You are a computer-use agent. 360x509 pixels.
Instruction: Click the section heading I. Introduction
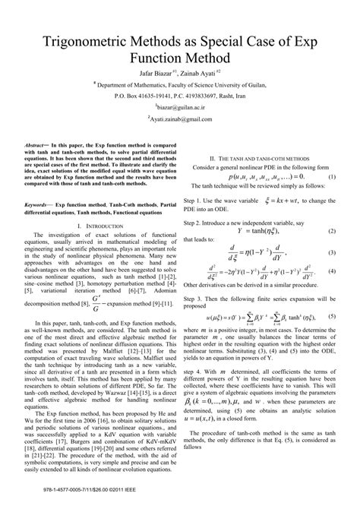click(x=98, y=226)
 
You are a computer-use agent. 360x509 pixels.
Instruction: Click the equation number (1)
click(x=331, y=176)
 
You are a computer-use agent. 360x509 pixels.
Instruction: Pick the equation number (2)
click(x=331, y=231)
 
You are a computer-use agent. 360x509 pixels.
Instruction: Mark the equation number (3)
click(x=331, y=251)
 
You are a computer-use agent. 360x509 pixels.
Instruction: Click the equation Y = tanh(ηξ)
click(x=262, y=231)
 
